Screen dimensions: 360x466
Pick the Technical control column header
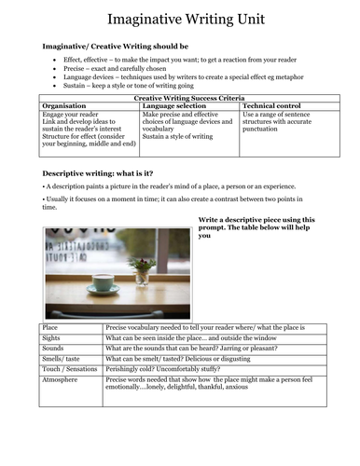(x=272, y=106)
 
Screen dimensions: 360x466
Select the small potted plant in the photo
(x=142, y=268)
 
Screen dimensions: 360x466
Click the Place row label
(x=50, y=328)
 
